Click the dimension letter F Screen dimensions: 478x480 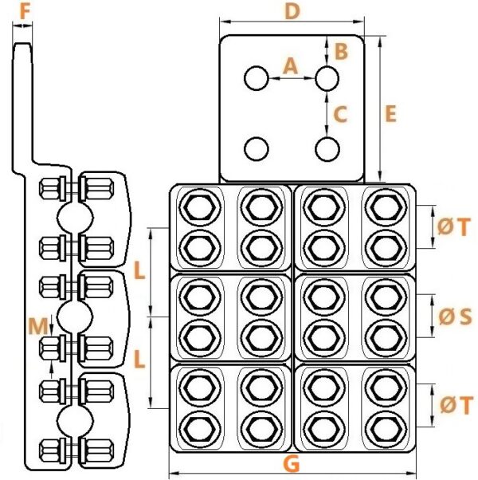(25, 12)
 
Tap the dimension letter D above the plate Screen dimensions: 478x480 (292, 12)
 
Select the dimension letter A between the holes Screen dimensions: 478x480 (290, 66)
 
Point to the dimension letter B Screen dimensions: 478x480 (342, 51)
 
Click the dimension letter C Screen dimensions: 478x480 (340, 115)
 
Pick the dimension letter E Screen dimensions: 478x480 (390, 113)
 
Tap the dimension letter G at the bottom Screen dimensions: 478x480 (292, 464)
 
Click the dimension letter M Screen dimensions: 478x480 (38, 326)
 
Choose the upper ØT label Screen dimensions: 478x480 (453, 227)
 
